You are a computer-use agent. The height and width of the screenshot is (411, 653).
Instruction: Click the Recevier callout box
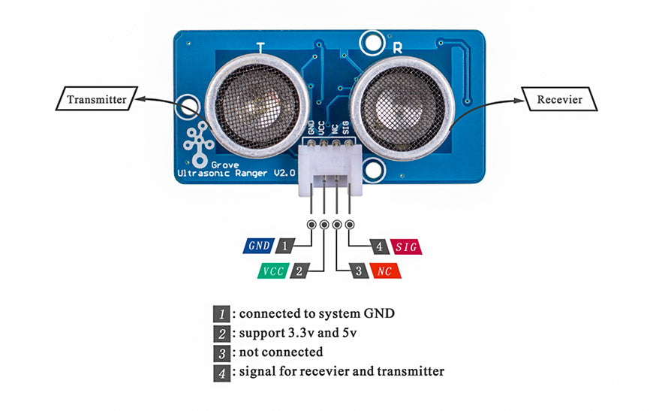[x=559, y=99]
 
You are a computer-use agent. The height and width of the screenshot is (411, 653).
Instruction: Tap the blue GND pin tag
[x=259, y=246]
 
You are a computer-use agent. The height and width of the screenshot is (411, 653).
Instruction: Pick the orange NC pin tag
[x=385, y=270]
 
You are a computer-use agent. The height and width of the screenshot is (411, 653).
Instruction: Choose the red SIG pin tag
[x=405, y=246]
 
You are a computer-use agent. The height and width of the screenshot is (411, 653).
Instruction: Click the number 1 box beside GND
[x=284, y=246]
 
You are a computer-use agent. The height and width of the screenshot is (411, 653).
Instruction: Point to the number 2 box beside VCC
[x=299, y=270]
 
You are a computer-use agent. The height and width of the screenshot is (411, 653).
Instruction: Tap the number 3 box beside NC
[x=360, y=270]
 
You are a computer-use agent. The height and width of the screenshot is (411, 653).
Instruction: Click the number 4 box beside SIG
[x=380, y=246]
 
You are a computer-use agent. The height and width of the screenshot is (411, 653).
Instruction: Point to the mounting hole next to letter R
[x=370, y=42]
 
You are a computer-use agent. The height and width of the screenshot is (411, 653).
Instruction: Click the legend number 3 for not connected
[x=221, y=352]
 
